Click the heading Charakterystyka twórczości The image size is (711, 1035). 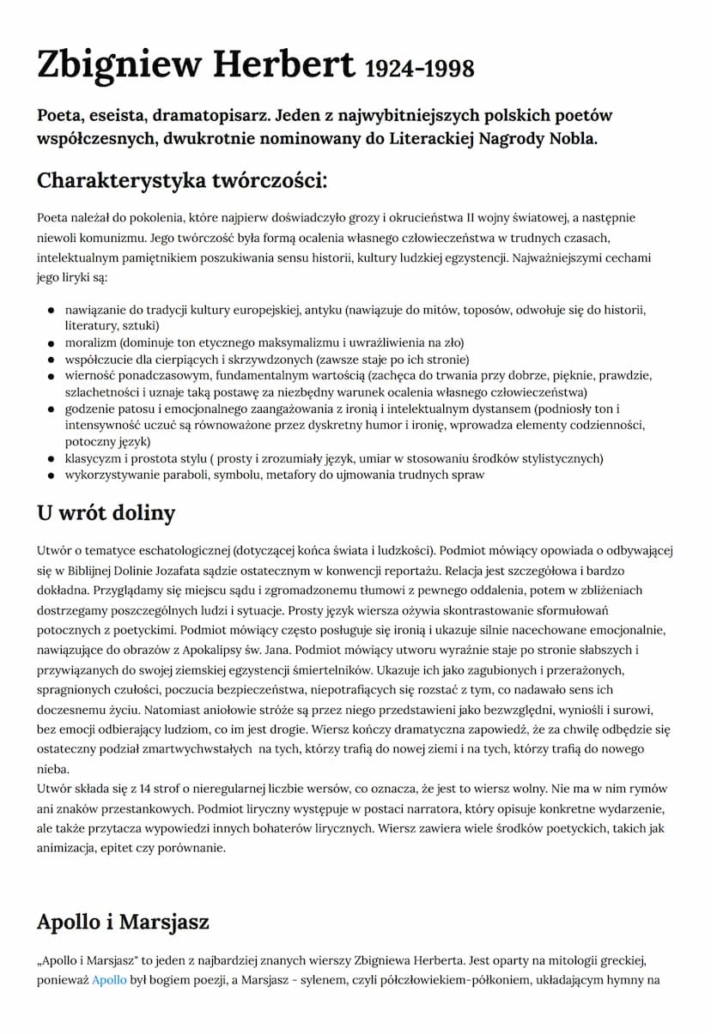click(x=182, y=182)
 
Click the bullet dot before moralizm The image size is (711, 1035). click(x=51, y=342)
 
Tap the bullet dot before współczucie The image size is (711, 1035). click(x=51, y=360)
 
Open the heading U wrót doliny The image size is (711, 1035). click(x=106, y=513)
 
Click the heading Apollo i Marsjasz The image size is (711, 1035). click(x=123, y=923)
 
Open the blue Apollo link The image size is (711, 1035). click(x=109, y=979)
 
